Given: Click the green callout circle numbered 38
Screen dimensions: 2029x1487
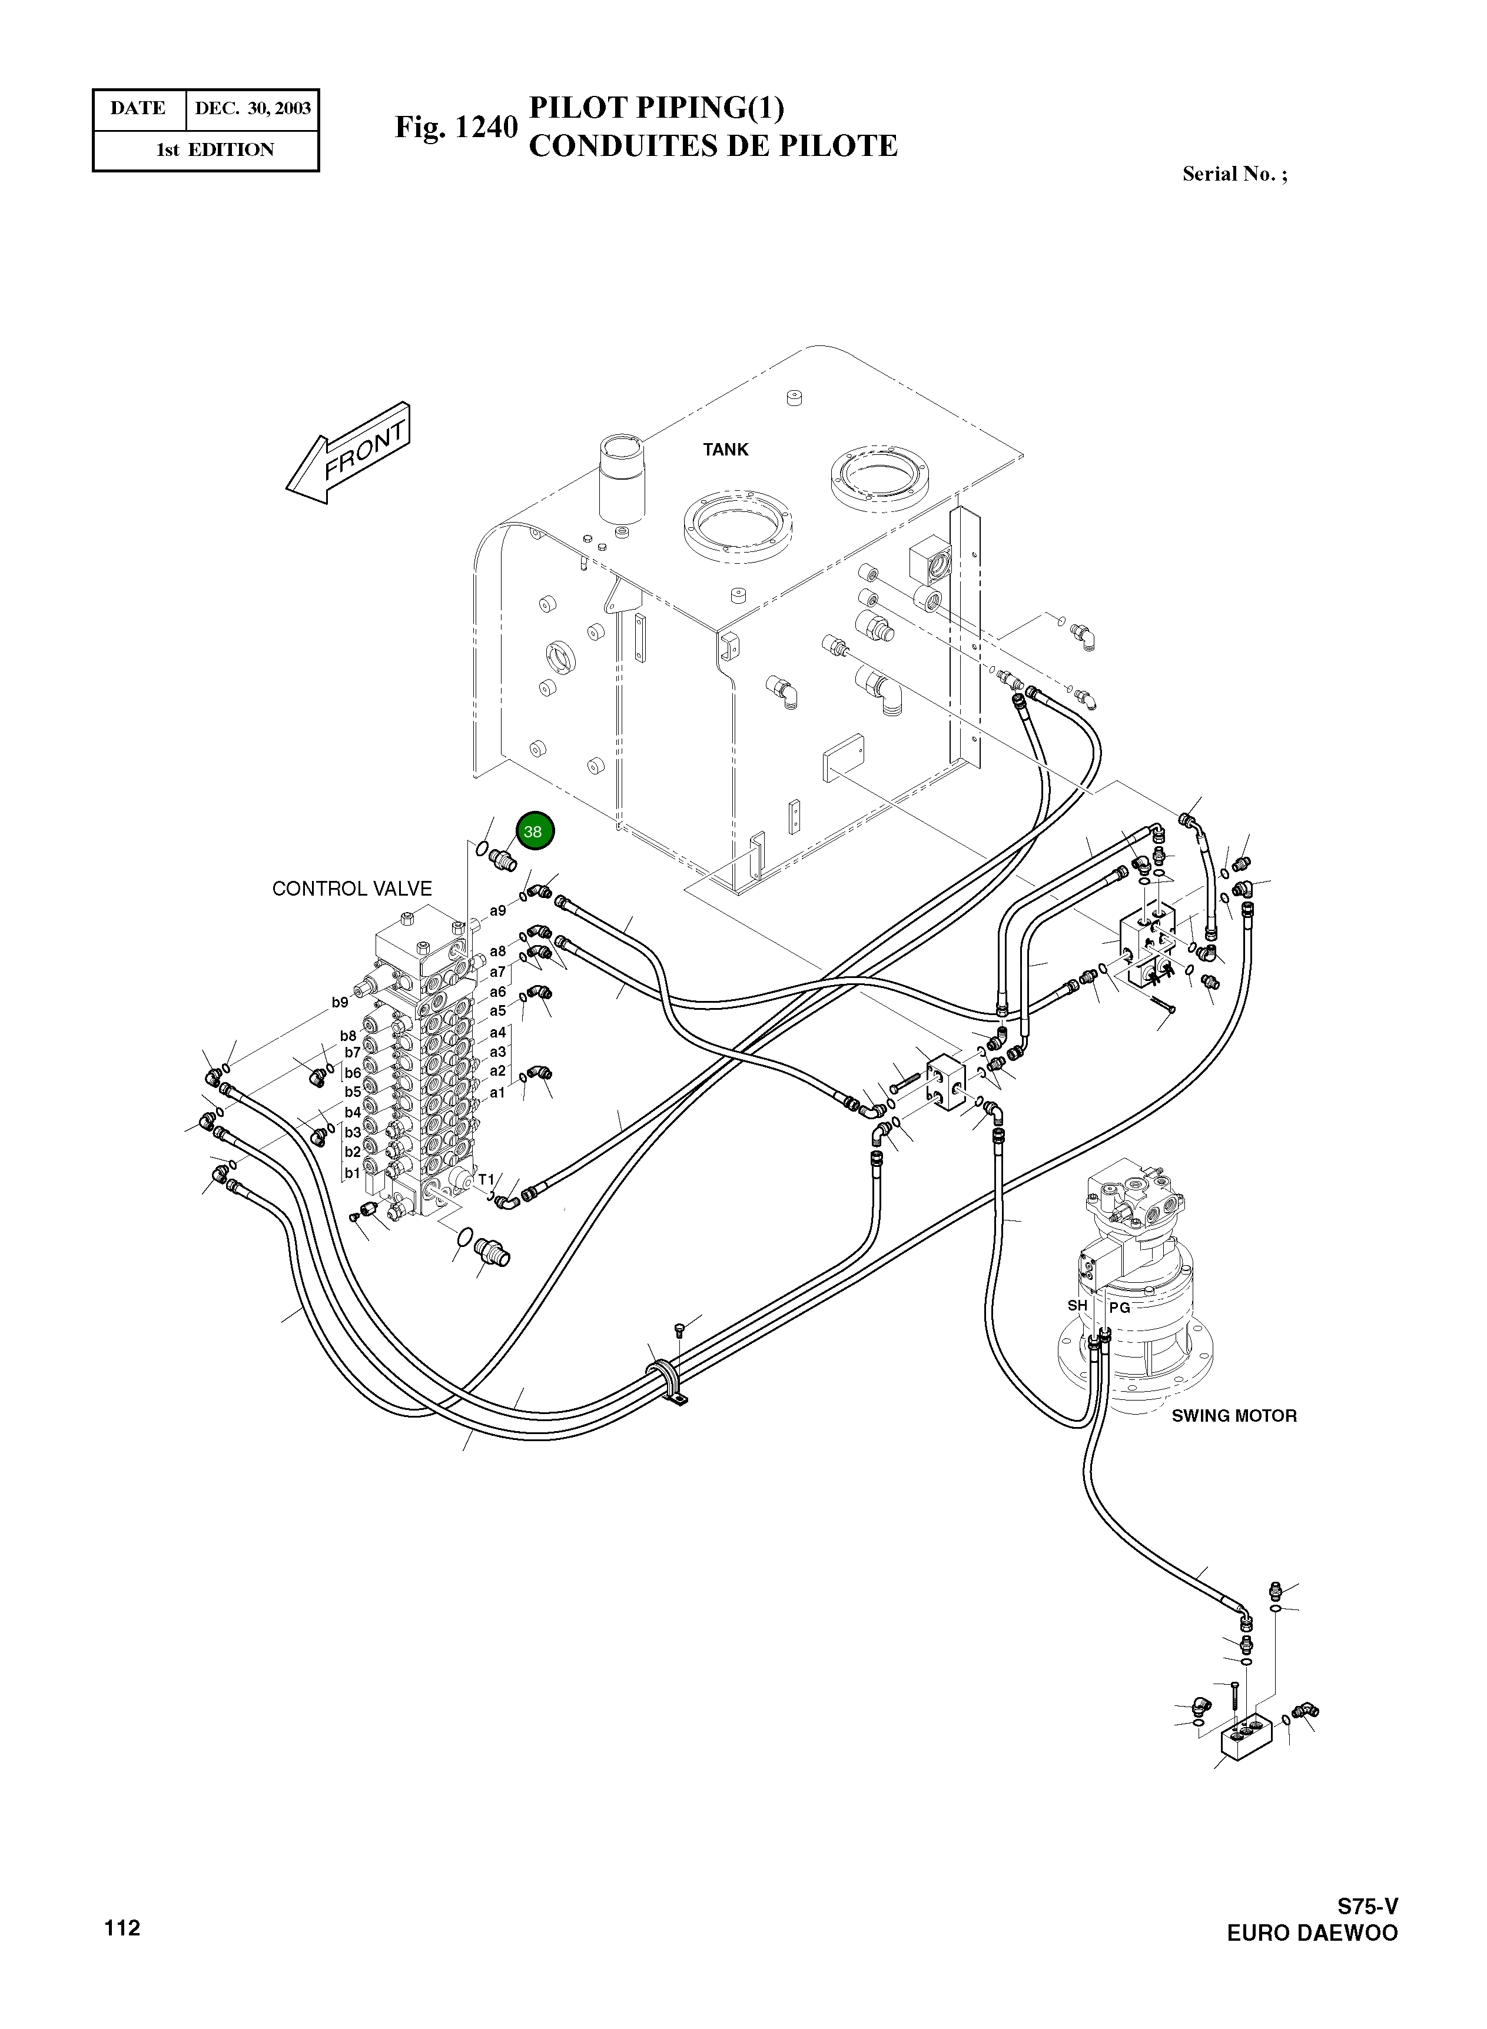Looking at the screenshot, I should coord(535,831).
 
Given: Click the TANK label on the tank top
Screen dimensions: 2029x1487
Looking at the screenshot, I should coord(725,450).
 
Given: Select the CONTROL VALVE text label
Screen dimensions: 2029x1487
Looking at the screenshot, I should coord(352,889).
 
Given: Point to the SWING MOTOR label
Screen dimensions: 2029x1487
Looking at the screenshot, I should coord(1233,1416).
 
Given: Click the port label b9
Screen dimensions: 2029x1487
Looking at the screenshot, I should coord(339,1002).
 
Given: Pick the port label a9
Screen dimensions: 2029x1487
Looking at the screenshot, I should coord(498,910).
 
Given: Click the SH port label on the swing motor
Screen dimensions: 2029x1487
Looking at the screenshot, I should coord(1077,1306).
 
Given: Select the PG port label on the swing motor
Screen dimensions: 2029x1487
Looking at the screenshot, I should coord(1119,1308).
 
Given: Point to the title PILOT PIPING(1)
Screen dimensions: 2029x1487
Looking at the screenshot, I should coord(656,107).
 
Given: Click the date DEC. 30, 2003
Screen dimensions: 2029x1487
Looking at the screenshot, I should coord(253,109).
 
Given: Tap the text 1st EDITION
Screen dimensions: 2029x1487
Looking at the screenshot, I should coord(214,150).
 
